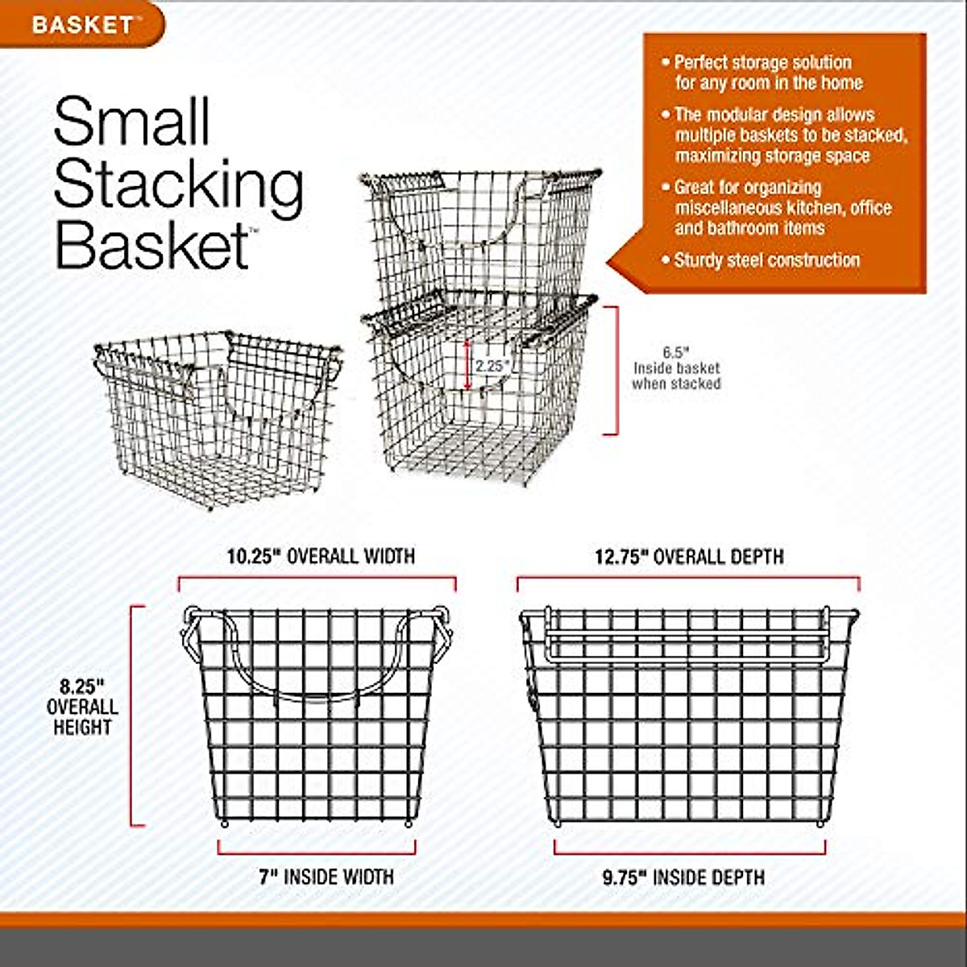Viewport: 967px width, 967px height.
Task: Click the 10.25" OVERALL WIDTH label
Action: (x=320, y=556)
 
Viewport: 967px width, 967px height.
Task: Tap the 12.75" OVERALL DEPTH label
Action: (x=689, y=557)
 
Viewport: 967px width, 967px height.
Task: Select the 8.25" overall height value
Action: (x=82, y=687)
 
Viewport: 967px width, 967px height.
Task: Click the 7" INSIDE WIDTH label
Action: (x=326, y=877)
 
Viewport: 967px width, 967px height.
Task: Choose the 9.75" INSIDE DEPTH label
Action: (x=683, y=877)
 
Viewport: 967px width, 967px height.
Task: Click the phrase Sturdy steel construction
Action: (x=766, y=260)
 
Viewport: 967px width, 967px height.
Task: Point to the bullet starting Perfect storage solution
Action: (x=762, y=63)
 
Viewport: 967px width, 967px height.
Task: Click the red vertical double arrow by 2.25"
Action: (x=467, y=365)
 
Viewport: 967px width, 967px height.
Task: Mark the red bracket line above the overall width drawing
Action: (x=317, y=578)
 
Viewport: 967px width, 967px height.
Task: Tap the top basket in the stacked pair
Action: (x=479, y=230)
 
